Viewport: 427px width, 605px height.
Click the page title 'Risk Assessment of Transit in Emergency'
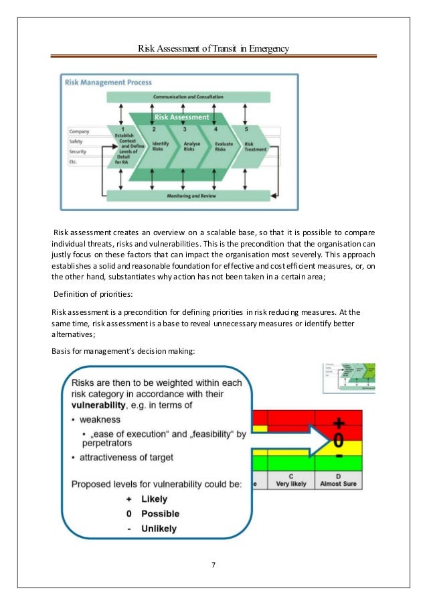point(213,48)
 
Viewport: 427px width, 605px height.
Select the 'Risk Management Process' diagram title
point(108,82)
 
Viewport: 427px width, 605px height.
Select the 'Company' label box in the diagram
point(84,131)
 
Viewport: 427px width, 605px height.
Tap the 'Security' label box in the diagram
point(84,151)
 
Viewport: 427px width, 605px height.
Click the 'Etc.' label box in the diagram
point(84,161)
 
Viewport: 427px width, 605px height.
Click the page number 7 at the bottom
point(213,565)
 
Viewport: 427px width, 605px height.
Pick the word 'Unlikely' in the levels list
point(159,528)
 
